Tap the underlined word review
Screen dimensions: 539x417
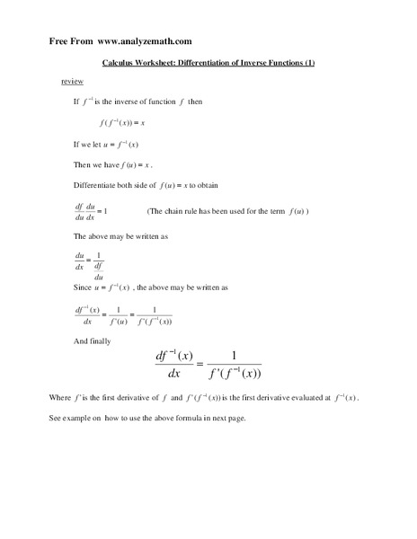[x=72, y=82]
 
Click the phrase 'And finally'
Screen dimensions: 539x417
[x=93, y=341]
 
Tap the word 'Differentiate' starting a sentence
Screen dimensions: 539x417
[x=95, y=186]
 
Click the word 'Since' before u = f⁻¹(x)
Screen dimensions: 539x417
[x=83, y=288]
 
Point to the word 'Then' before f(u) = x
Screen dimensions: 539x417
[x=83, y=165]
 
